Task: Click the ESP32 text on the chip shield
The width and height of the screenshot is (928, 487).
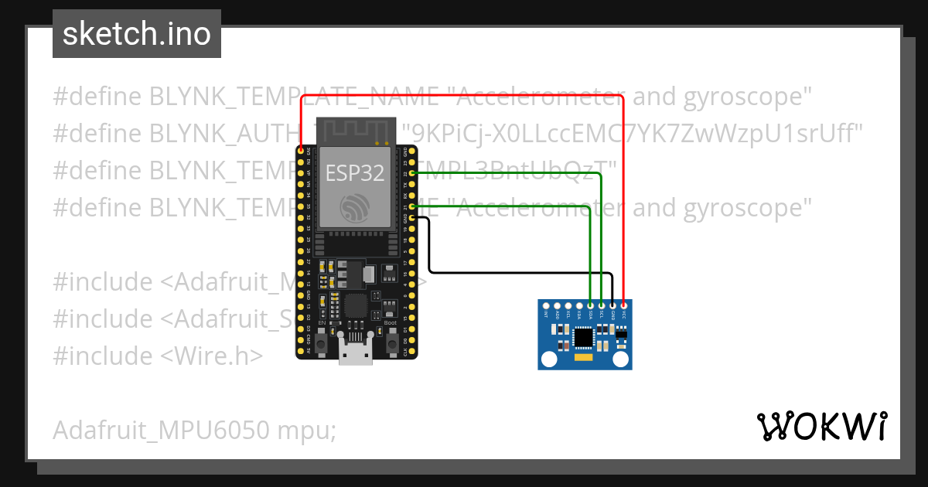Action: coord(355,172)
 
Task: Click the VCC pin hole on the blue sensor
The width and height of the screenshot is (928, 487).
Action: coord(623,306)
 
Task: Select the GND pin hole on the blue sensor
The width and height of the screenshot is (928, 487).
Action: coord(612,306)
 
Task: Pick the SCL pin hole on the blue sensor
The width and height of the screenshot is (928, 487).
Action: coord(601,306)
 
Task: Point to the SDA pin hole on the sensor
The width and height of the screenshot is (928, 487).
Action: coord(590,306)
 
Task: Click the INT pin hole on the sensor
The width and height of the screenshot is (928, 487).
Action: coord(546,306)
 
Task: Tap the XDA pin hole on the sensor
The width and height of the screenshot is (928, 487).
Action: coord(579,306)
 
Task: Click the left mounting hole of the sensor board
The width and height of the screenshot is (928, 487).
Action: coord(549,359)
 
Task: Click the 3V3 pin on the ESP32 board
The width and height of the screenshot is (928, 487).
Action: coord(301,152)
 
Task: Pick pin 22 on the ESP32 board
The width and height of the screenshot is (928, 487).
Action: coord(413,174)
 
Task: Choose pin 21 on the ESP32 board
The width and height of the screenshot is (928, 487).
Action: coord(413,207)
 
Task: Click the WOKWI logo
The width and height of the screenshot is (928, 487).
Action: coord(822,426)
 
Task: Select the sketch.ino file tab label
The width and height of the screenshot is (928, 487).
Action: coord(137,34)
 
